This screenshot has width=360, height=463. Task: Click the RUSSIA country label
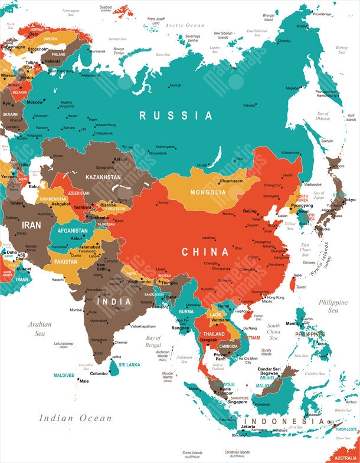tap(175, 116)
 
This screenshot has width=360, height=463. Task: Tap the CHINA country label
tap(205, 252)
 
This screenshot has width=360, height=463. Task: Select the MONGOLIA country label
tap(208, 192)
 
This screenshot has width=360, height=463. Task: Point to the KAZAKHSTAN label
tap(104, 177)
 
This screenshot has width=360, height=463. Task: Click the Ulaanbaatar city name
tap(231, 181)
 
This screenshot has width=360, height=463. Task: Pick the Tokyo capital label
tap(350, 200)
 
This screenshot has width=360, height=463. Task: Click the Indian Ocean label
tap(75, 418)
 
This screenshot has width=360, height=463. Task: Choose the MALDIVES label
tap(64, 375)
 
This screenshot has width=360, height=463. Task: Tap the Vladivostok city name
tap(313, 185)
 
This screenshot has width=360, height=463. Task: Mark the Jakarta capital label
tap(248, 426)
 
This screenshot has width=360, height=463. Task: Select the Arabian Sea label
tap(40, 329)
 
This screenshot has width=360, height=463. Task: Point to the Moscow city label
tap(35, 102)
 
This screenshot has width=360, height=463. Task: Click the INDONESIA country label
tap(277, 422)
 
